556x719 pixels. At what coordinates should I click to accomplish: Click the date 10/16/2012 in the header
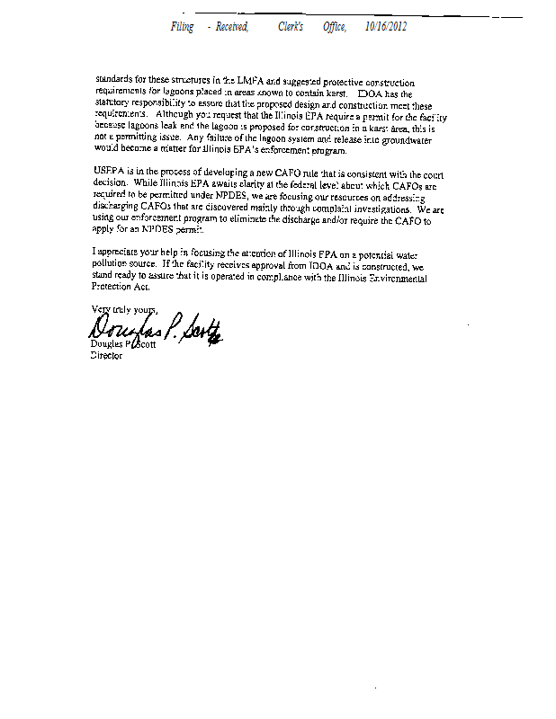(x=386, y=27)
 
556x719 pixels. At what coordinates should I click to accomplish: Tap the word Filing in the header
(x=182, y=27)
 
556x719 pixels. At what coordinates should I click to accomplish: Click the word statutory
(x=112, y=104)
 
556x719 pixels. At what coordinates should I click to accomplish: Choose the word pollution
(x=114, y=268)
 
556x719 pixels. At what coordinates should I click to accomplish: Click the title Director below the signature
(x=107, y=356)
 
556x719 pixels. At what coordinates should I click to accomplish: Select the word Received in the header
(x=231, y=27)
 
